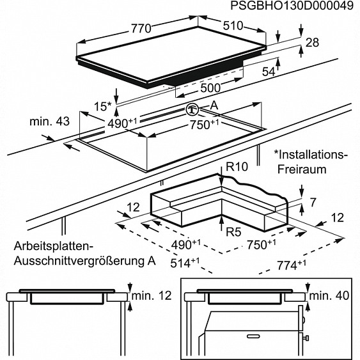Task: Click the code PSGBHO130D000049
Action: [x=292, y=6]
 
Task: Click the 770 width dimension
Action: [x=141, y=29]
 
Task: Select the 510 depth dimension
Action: [x=233, y=26]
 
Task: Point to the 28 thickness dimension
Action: [x=312, y=43]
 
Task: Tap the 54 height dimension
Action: [x=269, y=72]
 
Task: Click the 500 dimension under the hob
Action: [x=210, y=88]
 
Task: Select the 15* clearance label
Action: [x=102, y=107]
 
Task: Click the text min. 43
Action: [x=49, y=121]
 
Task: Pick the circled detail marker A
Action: [x=192, y=109]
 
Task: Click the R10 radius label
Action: [x=237, y=166]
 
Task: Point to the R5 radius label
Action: [x=234, y=232]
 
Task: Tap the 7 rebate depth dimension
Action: [x=313, y=202]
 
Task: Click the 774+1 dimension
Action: [x=292, y=265]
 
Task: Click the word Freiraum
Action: [x=302, y=169]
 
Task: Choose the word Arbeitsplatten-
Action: [x=54, y=246]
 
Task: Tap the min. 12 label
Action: [x=152, y=295]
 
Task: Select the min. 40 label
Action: [x=329, y=295]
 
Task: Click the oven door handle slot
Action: [x=253, y=336]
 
